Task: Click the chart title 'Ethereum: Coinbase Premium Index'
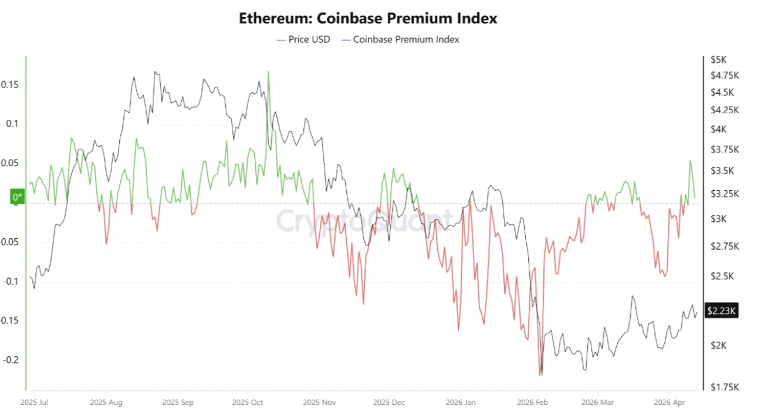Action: coord(368,18)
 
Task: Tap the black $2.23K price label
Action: coord(721,311)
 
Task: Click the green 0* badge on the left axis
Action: coord(18,197)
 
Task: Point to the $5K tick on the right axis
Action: coord(718,59)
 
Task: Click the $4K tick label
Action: coord(718,129)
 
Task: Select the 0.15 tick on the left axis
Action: coord(10,85)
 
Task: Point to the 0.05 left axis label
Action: coord(10,163)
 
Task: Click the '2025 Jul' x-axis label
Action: coord(34,403)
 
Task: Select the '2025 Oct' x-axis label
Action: coord(248,403)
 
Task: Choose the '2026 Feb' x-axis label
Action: coord(532,403)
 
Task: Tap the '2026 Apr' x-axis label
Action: coord(669,403)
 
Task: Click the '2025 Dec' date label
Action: coord(389,403)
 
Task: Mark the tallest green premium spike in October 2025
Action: coord(269,72)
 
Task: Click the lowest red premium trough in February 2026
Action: coord(539,374)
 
